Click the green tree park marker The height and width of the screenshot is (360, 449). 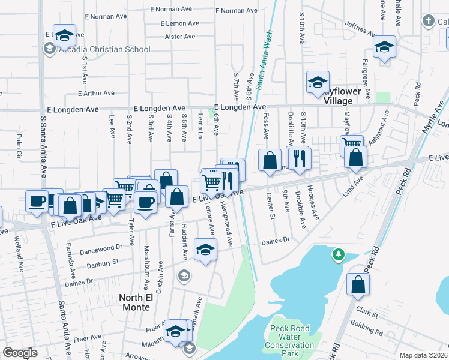339,255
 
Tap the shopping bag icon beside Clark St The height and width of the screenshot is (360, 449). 358,286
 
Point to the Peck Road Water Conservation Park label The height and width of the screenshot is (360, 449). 289,341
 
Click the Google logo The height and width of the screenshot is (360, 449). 20,352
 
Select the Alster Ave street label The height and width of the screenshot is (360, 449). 180,37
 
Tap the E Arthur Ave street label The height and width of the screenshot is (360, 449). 96,93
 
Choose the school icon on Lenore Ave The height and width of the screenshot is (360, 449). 205,249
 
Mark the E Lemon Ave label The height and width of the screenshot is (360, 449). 179,23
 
